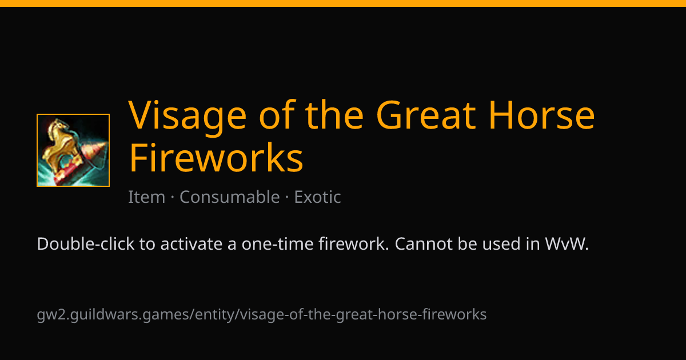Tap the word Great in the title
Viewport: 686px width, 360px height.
point(426,115)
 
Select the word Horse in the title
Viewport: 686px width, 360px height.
point(541,115)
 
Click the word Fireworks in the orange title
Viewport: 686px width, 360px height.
point(216,158)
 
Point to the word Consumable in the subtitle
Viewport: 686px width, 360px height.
point(229,197)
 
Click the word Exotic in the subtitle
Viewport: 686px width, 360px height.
point(317,197)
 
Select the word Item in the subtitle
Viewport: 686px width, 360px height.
point(146,197)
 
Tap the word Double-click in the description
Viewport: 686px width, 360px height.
point(86,244)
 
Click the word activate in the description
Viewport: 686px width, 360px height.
point(192,244)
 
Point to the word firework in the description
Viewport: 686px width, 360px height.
point(354,244)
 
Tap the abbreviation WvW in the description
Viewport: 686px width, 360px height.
point(567,244)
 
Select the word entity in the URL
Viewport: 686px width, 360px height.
point(215,315)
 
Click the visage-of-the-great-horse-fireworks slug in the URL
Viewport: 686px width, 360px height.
point(363,315)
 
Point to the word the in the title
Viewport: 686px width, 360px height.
point(334,115)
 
